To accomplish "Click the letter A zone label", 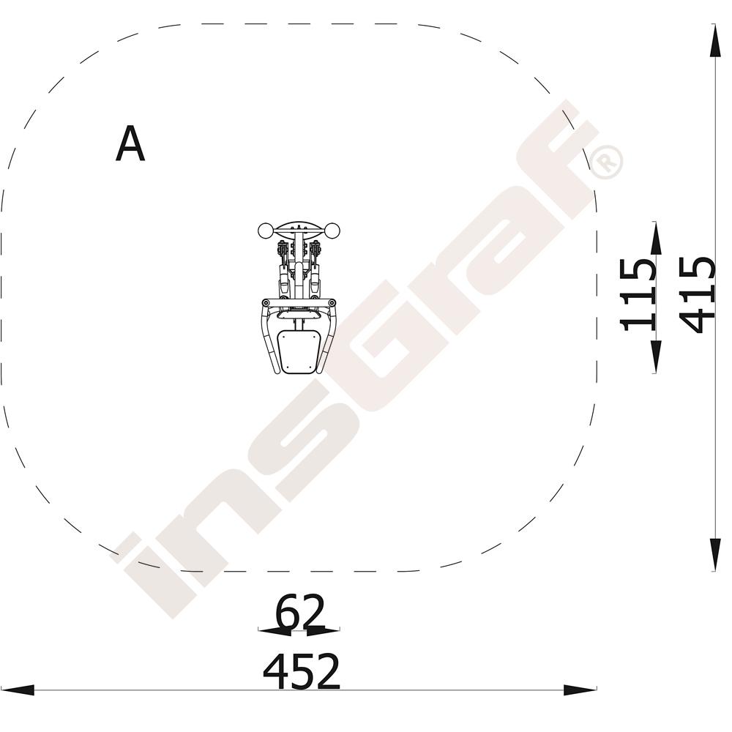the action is pyautogui.click(x=130, y=144).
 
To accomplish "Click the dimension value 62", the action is pyautogui.click(x=299, y=611).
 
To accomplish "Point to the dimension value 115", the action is pyautogui.click(x=638, y=295).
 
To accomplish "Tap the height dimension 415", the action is pyautogui.click(x=697, y=295).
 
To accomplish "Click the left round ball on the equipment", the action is pyautogui.click(x=266, y=231).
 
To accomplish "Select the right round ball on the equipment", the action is pyautogui.click(x=332, y=231).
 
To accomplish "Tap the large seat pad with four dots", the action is pyautogui.click(x=299, y=350).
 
